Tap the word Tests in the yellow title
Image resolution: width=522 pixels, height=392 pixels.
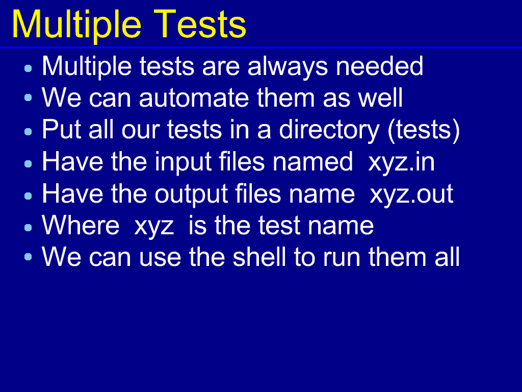(200, 23)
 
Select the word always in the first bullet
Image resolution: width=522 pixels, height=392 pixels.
(288, 67)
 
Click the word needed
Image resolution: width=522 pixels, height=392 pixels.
(379, 66)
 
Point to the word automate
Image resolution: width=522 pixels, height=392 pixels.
(194, 98)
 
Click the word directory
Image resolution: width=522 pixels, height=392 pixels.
(329, 130)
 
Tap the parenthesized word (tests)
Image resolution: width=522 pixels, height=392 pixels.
(424, 130)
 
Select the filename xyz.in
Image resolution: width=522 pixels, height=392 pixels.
(402, 163)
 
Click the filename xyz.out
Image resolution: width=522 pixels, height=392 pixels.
(411, 194)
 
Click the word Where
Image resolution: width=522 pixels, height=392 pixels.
(81, 225)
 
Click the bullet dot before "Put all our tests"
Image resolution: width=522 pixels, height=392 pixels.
(29, 131)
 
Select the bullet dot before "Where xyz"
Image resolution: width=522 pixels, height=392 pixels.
(29, 227)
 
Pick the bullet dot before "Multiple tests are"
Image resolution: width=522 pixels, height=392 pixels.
(29, 68)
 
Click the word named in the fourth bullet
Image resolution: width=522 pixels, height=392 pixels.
(312, 162)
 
